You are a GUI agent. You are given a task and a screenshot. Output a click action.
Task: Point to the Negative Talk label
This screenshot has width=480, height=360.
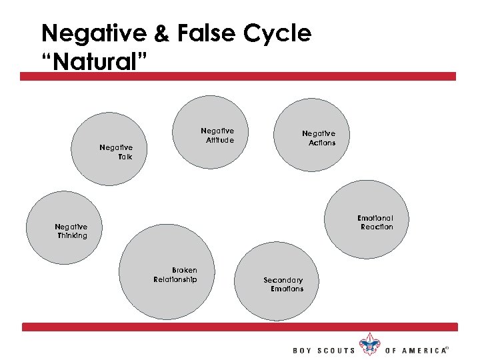[116, 152]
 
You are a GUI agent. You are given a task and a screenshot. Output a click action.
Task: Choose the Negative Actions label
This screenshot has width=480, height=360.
[319, 138]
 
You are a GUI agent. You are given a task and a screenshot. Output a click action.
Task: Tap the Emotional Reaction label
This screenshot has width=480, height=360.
[376, 223]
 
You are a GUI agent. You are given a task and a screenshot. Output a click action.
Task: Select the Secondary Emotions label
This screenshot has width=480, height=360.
[283, 285]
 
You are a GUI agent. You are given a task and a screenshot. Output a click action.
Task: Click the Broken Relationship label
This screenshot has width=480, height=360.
[175, 275]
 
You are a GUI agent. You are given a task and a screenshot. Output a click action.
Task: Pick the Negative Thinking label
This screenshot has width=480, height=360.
[71, 231]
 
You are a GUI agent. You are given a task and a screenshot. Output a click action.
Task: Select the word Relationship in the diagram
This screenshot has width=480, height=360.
[175, 279]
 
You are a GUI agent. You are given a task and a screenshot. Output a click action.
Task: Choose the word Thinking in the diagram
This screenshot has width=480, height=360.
[72, 235]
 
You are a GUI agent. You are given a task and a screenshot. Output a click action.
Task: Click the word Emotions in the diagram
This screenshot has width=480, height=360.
[287, 289]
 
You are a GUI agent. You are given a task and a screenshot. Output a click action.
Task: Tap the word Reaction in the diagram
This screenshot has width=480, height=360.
[377, 227]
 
